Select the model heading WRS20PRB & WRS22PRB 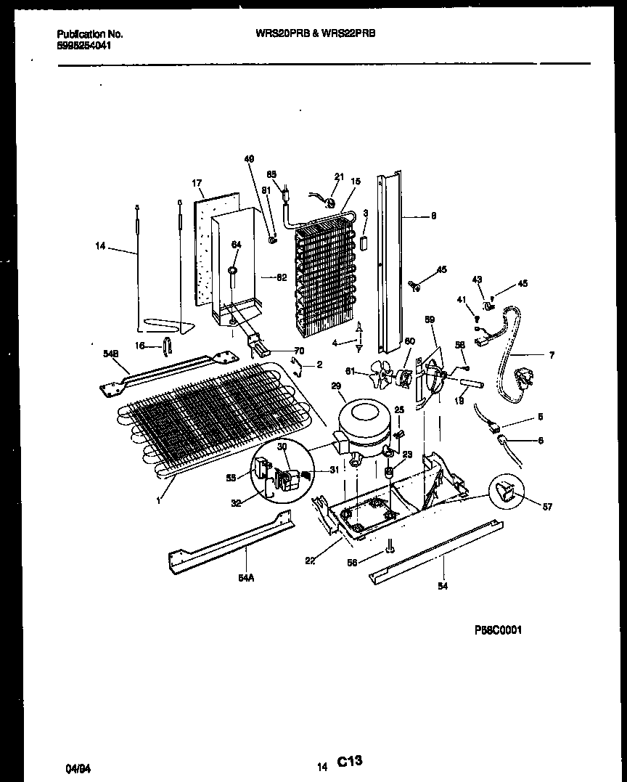pos(316,33)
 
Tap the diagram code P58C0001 pos(497,630)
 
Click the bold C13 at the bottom pos(349,761)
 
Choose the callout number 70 pos(279,350)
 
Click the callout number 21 pos(339,177)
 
